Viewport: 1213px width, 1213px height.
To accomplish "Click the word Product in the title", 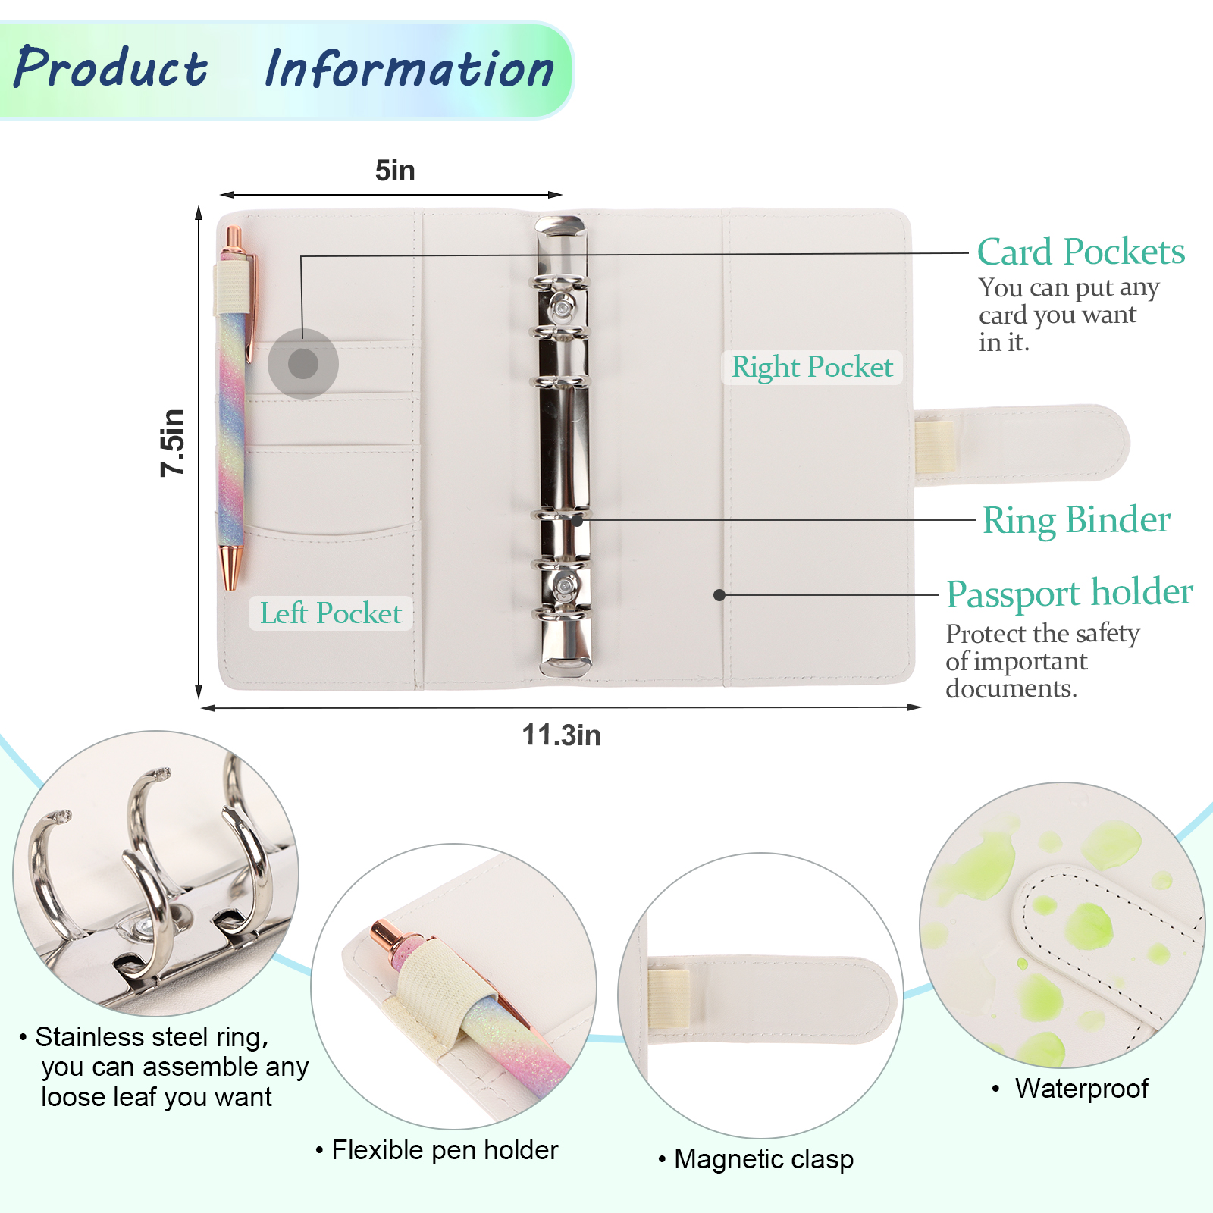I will [111, 68].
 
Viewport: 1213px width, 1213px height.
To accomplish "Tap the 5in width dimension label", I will [395, 171].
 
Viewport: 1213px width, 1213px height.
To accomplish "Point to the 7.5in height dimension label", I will [173, 443].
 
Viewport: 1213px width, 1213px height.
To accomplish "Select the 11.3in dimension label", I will [561, 735].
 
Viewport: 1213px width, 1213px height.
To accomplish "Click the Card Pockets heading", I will [1080, 252].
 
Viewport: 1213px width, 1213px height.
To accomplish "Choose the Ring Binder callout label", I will [1077, 520].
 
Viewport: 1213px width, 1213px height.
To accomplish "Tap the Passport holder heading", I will [1069, 593].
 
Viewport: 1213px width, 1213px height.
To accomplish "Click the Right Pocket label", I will [812, 367].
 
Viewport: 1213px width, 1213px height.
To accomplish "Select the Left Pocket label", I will [331, 613].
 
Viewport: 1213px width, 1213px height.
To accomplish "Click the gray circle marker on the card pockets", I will [303, 364].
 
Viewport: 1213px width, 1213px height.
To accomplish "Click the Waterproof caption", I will [1082, 1089].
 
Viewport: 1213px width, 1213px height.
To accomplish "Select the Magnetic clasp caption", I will [763, 1159].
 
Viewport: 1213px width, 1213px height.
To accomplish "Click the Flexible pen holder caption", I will [445, 1150].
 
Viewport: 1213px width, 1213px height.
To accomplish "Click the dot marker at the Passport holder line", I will [719, 595].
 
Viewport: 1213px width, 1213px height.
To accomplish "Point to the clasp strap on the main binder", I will [1023, 444].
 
